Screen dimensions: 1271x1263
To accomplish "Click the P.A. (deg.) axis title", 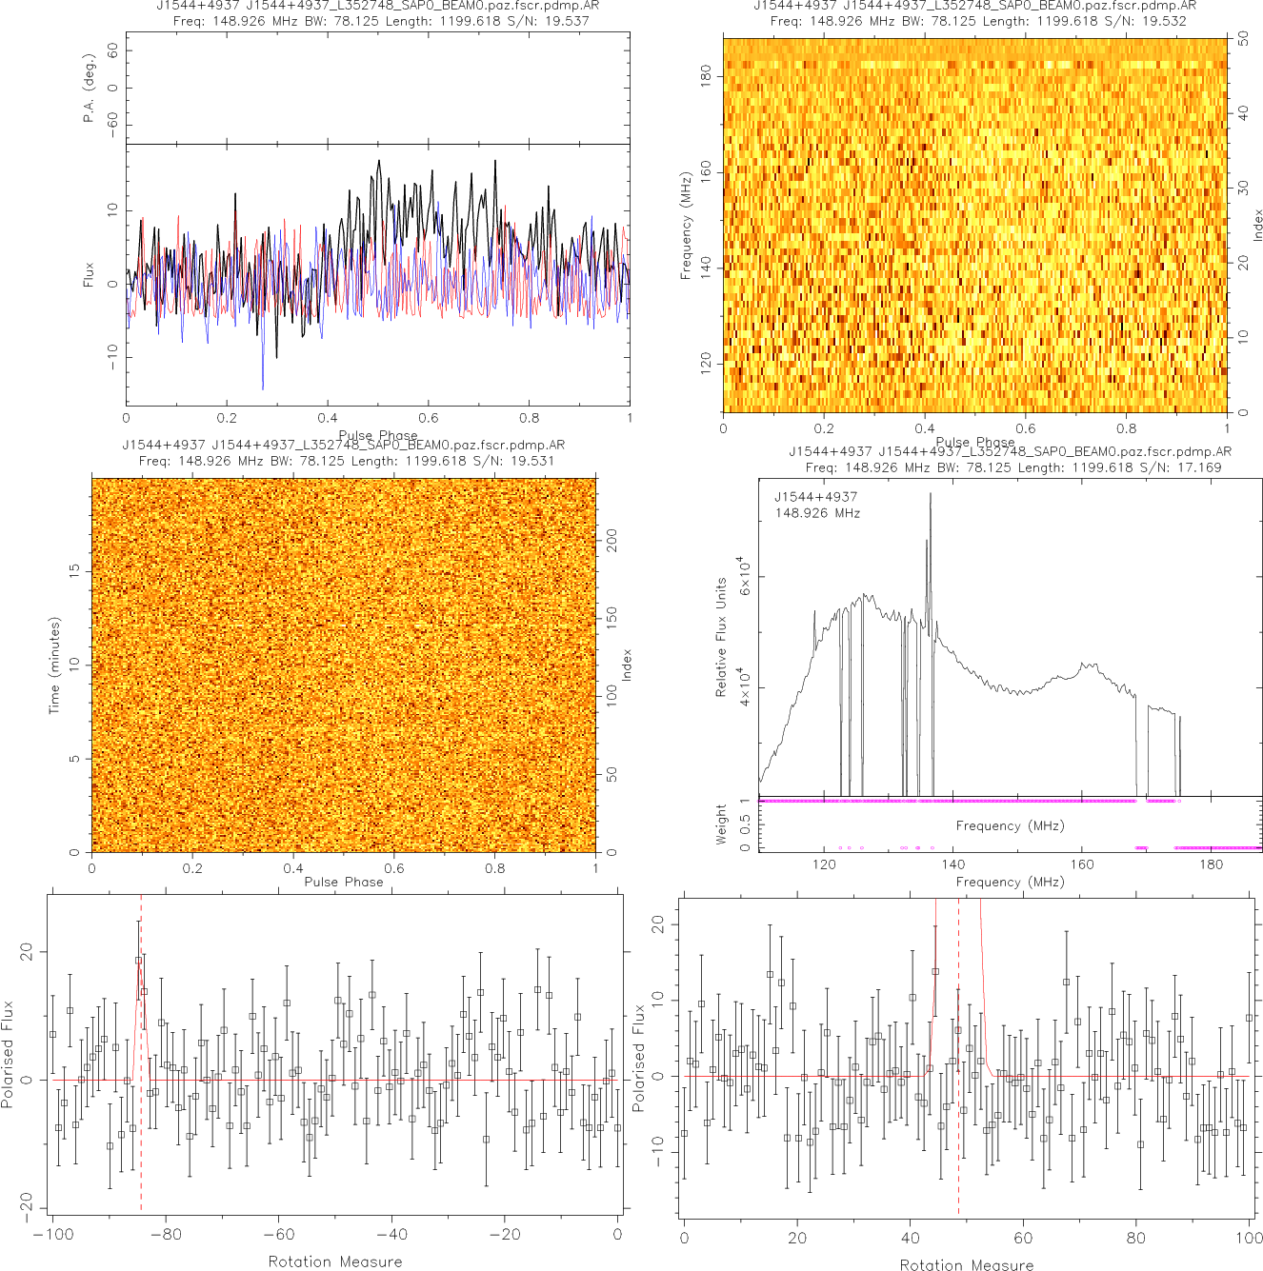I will point(89,89).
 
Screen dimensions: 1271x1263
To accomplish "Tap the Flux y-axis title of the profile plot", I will point(89,274).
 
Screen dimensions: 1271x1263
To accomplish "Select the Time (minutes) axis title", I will point(54,665).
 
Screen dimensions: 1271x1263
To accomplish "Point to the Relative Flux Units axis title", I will point(721,637).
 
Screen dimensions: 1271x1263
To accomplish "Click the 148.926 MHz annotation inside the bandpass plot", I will point(817,513).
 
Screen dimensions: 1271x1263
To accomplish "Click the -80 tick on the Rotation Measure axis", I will point(166,1235).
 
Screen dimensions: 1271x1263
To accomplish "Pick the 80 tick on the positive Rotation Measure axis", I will point(1136,1239).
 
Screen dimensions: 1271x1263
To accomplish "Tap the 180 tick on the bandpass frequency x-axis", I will point(1212,864).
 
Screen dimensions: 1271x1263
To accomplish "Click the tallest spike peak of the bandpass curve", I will point(931,494).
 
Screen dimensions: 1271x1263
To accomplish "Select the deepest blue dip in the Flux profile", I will point(263,387).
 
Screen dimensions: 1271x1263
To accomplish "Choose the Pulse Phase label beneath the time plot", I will point(344,882).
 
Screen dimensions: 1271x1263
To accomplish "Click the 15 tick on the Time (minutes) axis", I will point(74,570).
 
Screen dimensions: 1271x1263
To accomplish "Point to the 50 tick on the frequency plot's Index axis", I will point(1243,39).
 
